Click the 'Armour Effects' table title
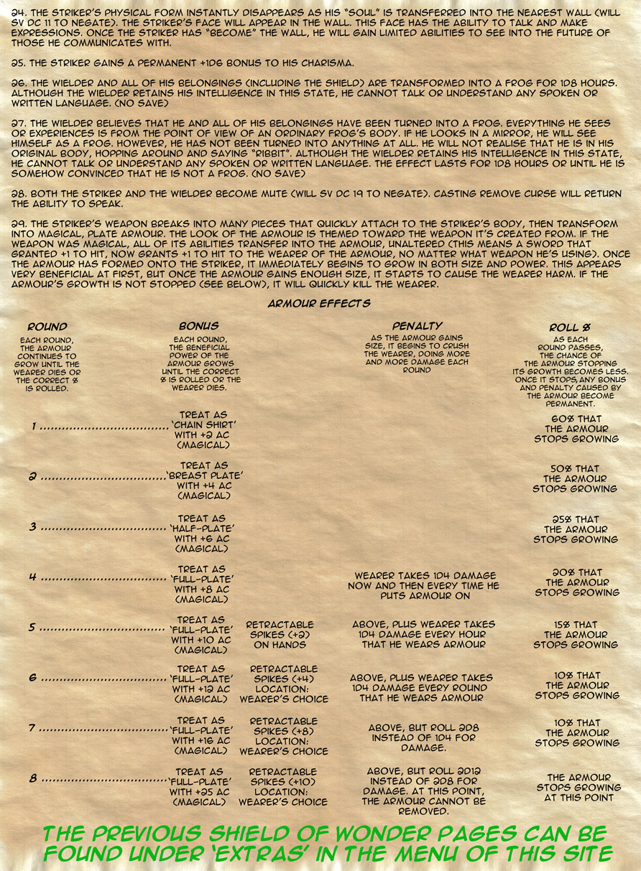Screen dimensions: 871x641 click(x=319, y=303)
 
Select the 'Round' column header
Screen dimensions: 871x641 click(x=47, y=326)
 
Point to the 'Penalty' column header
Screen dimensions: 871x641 click(x=417, y=326)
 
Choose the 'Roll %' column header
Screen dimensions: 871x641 click(x=571, y=327)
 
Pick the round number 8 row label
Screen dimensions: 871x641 click(x=33, y=778)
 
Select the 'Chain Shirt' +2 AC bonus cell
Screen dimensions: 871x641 click(x=203, y=430)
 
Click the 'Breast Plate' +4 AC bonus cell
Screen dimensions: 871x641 click(x=203, y=480)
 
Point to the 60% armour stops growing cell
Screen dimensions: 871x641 click(x=576, y=429)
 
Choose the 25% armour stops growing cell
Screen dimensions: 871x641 click(x=576, y=529)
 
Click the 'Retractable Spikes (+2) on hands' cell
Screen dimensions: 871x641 click(x=281, y=635)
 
